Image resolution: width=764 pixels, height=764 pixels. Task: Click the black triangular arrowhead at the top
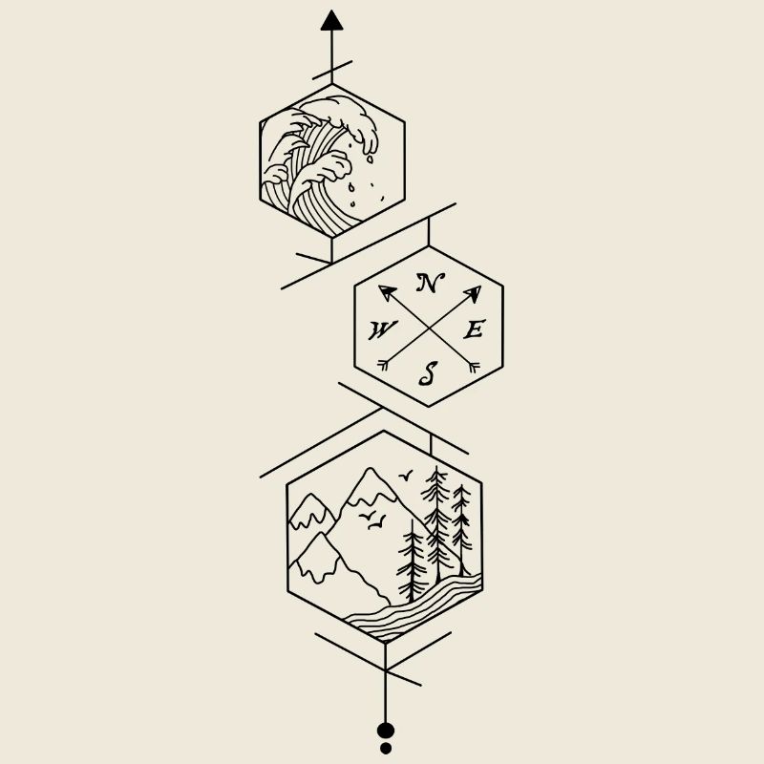click(331, 21)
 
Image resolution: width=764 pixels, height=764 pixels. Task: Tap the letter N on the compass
click(430, 283)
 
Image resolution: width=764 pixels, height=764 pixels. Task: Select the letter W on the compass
click(382, 330)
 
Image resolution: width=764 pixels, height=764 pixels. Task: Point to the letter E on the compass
click(475, 330)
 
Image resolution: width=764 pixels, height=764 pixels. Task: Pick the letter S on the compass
click(429, 373)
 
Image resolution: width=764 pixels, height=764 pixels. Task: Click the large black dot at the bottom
click(386, 731)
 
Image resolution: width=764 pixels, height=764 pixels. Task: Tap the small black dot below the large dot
click(386, 748)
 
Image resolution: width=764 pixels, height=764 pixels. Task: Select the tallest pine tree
click(437, 520)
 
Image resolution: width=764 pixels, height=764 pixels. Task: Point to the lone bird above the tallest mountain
click(407, 475)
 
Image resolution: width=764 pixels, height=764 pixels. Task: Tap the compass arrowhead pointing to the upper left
click(387, 292)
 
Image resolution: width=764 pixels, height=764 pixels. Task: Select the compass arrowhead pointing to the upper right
click(473, 293)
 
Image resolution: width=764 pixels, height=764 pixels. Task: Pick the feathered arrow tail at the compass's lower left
click(385, 364)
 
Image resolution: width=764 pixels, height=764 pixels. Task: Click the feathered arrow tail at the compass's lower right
click(472, 364)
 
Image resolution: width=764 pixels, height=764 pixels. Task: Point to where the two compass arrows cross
click(429, 328)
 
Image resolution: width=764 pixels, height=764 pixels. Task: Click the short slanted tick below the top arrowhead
click(331, 70)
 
